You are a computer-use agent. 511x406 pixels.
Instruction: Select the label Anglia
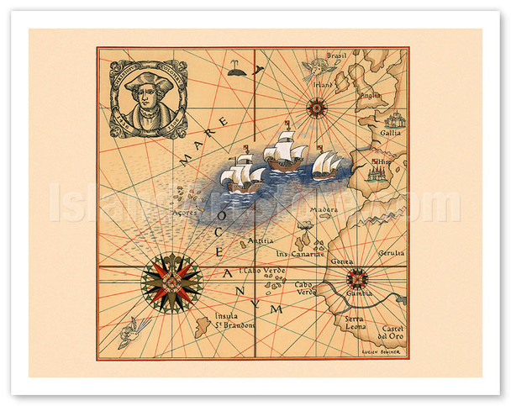pyautogui.click(x=371, y=95)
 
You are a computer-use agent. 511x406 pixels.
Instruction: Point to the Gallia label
pyautogui.click(x=391, y=133)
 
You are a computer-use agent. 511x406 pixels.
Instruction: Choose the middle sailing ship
pyautogui.click(x=284, y=154)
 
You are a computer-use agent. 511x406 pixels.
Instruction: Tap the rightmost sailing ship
pyautogui.click(x=327, y=164)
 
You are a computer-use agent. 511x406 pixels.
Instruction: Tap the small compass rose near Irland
pyautogui.click(x=317, y=107)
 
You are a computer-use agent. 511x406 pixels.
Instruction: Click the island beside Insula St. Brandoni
pyautogui.click(x=203, y=326)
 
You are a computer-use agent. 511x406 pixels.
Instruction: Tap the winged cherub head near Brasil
pyautogui.click(x=315, y=66)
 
